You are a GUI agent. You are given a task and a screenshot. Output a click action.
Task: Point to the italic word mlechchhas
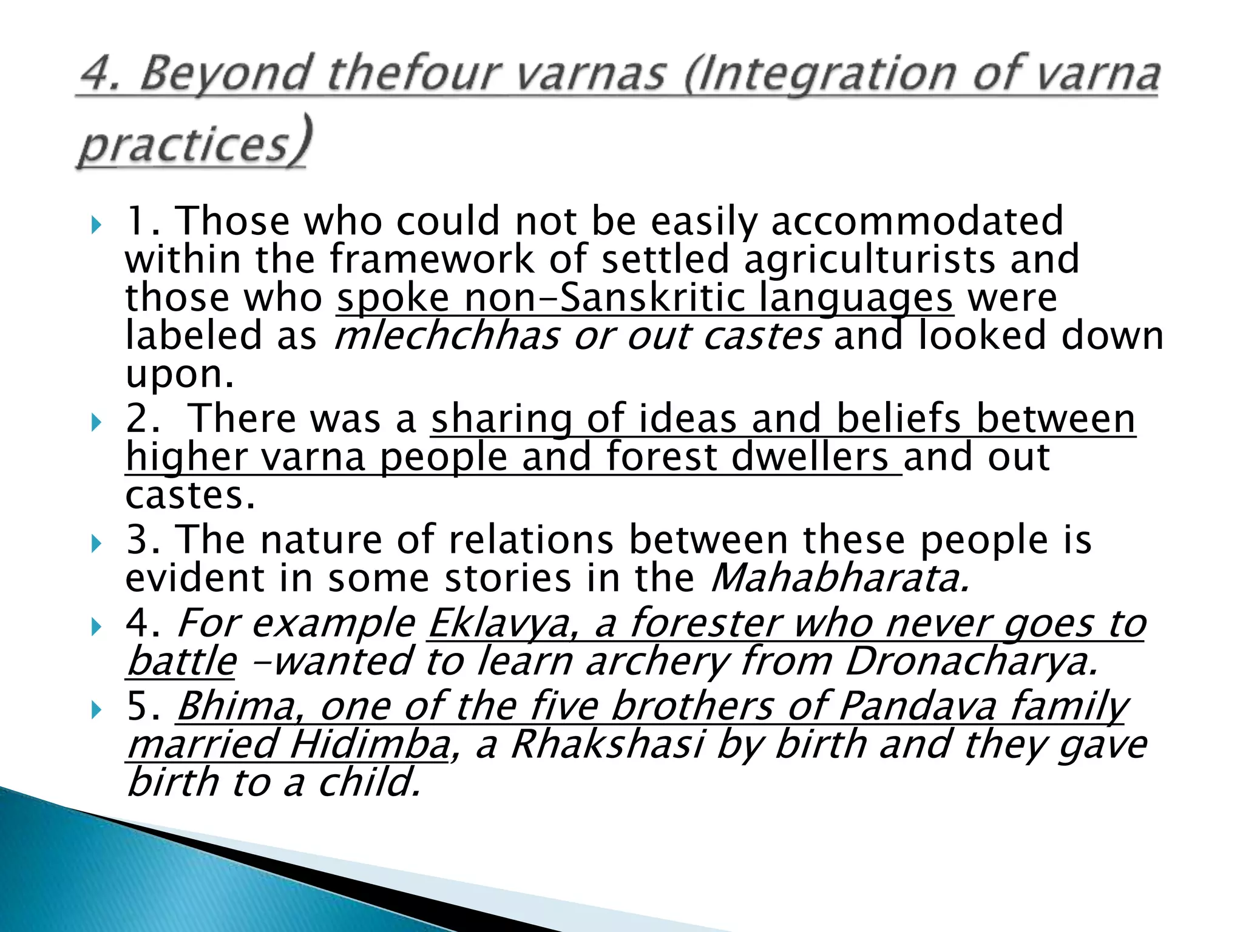tap(447, 336)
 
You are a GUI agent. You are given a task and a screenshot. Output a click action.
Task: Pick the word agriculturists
tap(869, 259)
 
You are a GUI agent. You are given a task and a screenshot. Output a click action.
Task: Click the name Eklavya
tap(500, 623)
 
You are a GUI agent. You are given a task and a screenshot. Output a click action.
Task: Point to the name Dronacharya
tap(971, 661)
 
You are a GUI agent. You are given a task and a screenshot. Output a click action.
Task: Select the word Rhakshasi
tap(607, 745)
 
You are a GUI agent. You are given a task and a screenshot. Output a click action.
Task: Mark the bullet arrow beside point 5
tap(96, 710)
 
